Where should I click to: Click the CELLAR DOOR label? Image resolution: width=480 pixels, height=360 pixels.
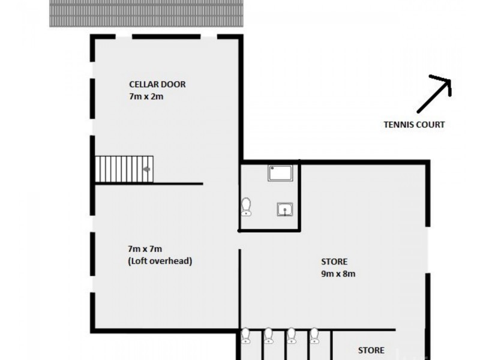click(157, 84)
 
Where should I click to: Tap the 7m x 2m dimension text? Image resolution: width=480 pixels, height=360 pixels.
click(146, 96)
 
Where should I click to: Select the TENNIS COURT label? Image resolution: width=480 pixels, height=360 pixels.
click(414, 125)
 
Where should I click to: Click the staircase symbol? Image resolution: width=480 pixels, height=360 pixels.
click(124, 169)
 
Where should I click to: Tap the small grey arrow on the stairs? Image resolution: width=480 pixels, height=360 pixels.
click(146, 169)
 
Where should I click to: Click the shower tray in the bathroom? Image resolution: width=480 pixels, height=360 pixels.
click(280, 173)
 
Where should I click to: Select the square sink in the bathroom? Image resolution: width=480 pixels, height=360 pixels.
click(284, 209)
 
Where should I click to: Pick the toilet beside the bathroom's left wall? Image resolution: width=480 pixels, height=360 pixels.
click(246, 206)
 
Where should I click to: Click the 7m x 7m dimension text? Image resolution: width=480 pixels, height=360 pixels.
click(145, 249)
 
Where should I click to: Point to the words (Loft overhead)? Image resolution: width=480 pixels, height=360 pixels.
click(160, 261)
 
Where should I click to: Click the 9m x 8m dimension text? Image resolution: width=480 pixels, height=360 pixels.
click(338, 274)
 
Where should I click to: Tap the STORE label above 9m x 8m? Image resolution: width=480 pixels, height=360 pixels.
click(334, 262)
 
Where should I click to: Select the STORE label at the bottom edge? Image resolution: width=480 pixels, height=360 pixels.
click(371, 350)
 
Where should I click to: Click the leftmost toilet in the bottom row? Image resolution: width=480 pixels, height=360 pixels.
click(246, 335)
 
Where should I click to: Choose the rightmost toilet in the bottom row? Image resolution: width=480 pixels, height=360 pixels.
click(314, 335)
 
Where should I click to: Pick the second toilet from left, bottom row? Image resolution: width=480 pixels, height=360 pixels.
click(269, 335)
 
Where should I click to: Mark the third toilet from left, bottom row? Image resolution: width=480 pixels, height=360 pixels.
click(292, 335)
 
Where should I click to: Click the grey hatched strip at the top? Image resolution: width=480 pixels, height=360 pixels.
click(147, 13)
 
